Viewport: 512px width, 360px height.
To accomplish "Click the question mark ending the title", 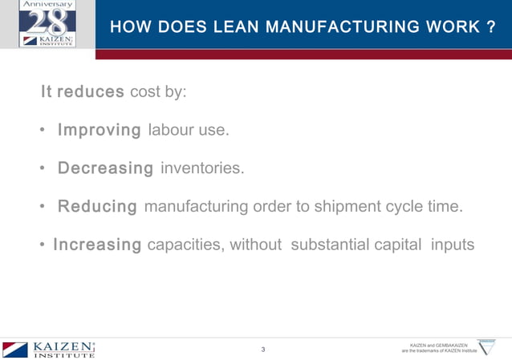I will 490,27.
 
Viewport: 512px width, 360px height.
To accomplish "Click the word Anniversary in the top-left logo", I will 47,5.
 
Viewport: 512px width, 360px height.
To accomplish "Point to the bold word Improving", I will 100,130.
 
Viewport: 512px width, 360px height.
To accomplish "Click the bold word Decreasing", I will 105,168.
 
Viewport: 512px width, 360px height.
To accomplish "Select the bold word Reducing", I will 97,207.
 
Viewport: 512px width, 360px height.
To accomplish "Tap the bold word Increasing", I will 97,245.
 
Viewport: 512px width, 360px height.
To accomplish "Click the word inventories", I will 201,168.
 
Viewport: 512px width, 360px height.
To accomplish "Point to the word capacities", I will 185,245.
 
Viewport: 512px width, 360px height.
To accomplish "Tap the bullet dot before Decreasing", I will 42,169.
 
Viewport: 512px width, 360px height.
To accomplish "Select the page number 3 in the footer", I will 263,350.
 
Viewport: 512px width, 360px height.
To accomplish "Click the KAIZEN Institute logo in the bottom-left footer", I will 49,349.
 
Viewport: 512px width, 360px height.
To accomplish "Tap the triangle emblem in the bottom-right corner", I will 486,346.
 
